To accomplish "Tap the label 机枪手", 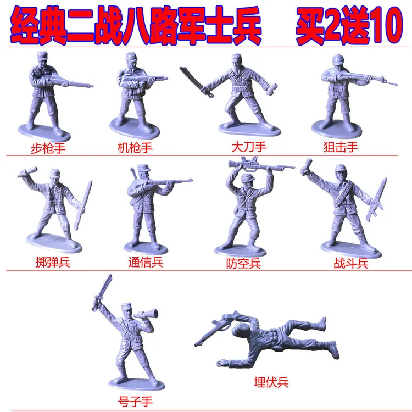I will point(135,147).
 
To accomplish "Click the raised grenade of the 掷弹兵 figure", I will point(25,174).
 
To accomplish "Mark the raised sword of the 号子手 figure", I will point(104,288).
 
